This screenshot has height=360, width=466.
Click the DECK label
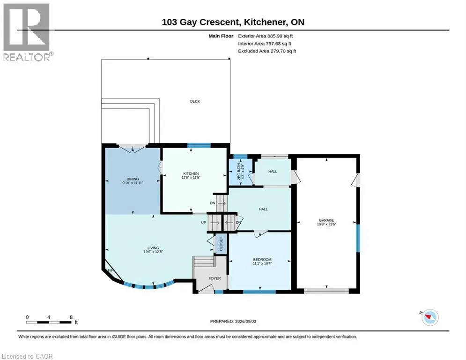[195, 101]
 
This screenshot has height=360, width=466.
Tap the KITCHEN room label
[191, 173]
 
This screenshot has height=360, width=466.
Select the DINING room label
[133, 179]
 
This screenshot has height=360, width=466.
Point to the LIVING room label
[153, 248]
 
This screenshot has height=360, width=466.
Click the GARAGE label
[326, 220]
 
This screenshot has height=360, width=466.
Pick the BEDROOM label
[262, 259]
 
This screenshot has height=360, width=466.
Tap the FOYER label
[215, 278]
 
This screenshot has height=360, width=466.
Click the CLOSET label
[221, 244]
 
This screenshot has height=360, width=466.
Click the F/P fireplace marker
[111, 270]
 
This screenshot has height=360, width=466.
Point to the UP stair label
[204, 223]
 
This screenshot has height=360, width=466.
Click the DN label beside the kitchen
[213, 203]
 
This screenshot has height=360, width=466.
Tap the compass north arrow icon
[430, 317]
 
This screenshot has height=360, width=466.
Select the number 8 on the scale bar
[71, 317]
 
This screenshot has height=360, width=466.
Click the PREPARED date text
[233, 321]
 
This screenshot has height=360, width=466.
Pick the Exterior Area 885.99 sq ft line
[266, 36]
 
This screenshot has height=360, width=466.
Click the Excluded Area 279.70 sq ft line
[267, 51]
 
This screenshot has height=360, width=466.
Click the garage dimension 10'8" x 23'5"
[326, 225]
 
